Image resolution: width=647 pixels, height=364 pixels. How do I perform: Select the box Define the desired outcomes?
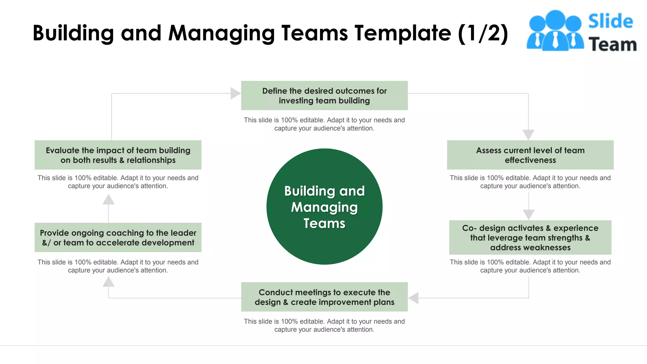[x=324, y=95]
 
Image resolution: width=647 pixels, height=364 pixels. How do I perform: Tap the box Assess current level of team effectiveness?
[x=530, y=155]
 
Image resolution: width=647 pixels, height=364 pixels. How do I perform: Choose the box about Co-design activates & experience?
[x=530, y=237]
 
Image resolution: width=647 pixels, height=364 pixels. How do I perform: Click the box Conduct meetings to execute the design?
[x=324, y=297]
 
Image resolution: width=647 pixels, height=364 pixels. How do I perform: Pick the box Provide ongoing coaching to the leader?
[x=118, y=237]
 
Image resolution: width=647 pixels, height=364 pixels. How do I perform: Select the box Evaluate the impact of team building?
[x=118, y=155]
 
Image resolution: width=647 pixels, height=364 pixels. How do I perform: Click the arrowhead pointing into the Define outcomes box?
[x=235, y=94]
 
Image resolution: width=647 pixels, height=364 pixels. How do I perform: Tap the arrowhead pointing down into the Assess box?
[x=528, y=134]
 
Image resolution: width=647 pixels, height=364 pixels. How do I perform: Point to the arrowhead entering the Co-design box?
[x=528, y=214]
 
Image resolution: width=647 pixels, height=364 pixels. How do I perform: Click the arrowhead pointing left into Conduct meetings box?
[x=414, y=298]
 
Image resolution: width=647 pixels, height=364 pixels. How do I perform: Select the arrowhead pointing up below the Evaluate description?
[x=108, y=200]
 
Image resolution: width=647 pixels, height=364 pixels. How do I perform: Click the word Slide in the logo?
[x=610, y=21]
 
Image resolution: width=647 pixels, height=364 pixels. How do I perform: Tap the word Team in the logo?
[x=612, y=45]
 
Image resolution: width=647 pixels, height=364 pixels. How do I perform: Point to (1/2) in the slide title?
[x=483, y=33]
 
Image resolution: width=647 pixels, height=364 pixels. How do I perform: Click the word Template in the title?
[x=403, y=33]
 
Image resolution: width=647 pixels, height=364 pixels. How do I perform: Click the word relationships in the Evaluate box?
[x=151, y=160]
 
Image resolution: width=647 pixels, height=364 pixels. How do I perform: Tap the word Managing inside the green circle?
[x=324, y=207]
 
